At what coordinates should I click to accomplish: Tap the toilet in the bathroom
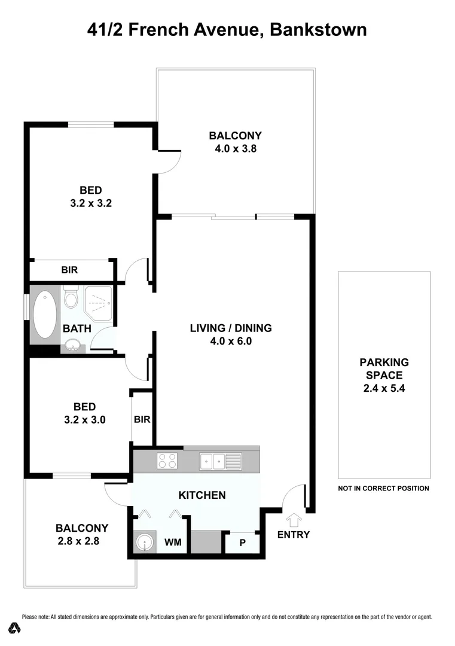pos(71,297)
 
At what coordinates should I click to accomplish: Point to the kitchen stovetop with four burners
pos(167,461)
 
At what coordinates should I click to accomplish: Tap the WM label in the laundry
pos(173,543)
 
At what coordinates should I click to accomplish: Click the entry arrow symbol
pos(294,519)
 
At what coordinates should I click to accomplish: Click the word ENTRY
pos(294,534)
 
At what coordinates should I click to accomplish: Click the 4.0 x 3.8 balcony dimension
pos(236,148)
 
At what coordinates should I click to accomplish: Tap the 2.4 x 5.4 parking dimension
pos(384,388)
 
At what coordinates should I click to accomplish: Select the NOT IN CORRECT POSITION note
pos(384,488)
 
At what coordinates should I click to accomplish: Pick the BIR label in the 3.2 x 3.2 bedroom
pos(69,270)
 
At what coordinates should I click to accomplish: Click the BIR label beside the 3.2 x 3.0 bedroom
pos(142,419)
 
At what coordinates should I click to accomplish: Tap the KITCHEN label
pos(202,495)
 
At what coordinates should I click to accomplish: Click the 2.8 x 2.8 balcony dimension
pos(82,541)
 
